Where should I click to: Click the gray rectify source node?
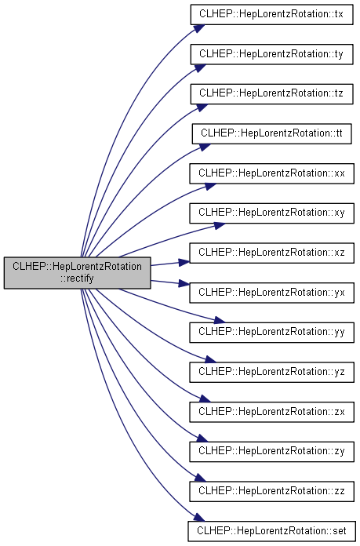(x=78, y=273)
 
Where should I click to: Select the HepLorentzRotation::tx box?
(x=271, y=14)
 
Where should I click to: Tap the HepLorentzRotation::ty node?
(x=271, y=54)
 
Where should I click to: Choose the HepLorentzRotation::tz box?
(x=271, y=93)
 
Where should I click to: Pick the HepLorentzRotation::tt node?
(x=271, y=133)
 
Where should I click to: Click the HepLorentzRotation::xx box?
(x=271, y=173)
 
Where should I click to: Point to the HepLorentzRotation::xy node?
(x=271, y=213)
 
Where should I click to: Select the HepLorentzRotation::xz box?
(x=271, y=253)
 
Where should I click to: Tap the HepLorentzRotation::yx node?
(x=271, y=292)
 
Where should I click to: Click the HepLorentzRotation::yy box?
(x=271, y=332)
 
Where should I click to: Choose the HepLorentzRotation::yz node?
(x=271, y=372)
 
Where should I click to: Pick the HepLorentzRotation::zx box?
(x=271, y=411)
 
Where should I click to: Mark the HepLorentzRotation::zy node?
(x=271, y=451)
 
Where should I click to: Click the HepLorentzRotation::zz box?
(x=271, y=490)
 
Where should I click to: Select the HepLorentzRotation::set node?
(x=271, y=531)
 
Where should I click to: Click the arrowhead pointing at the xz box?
(x=184, y=262)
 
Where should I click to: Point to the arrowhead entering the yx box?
(x=184, y=283)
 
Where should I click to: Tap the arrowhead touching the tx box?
(x=198, y=28)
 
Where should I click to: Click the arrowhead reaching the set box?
(x=198, y=517)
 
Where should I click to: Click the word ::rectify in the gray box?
(x=77, y=278)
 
